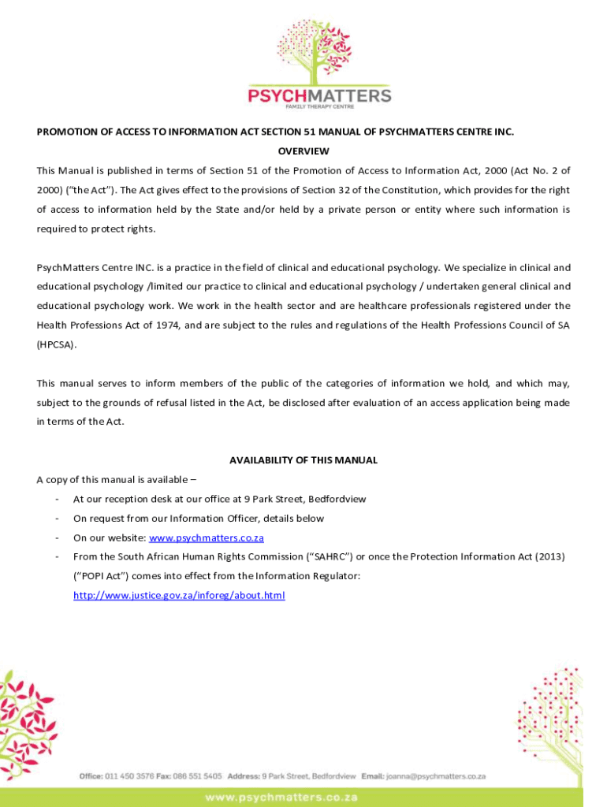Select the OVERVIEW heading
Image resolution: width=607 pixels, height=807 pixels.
pyautogui.click(x=303, y=151)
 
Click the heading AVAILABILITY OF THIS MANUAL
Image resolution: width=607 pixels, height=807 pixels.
pyautogui.click(x=303, y=460)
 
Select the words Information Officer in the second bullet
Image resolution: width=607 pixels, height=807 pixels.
pyautogui.click(x=213, y=519)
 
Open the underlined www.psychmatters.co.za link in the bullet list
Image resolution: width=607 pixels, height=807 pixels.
pyautogui.click(x=206, y=538)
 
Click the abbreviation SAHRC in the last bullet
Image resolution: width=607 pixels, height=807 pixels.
pyautogui.click(x=311, y=557)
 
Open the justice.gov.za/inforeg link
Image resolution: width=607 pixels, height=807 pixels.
pyautogui.click(x=179, y=596)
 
